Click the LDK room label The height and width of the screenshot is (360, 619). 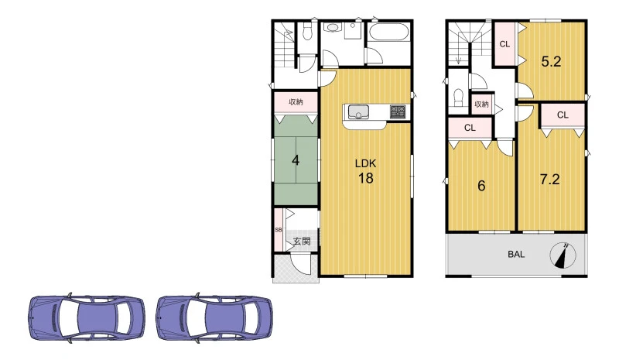pyautogui.click(x=365, y=163)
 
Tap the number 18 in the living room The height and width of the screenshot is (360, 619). pyautogui.click(x=365, y=178)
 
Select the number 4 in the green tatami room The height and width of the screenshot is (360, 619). pyautogui.click(x=296, y=160)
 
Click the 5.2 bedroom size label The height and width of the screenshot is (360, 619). pyautogui.click(x=551, y=61)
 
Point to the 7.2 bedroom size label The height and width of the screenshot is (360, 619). pyautogui.click(x=549, y=180)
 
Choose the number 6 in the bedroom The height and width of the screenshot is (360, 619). pyautogui.click(x=481, y=186)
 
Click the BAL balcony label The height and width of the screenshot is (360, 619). pyautogui.click(x=516, y=255)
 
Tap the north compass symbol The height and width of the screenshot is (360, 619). pyautogui.click(x=563, y=255)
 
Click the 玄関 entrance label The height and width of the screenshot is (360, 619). pyautogui.click(x=302, y=241)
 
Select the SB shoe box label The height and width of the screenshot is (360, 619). pyautogui.click(x=278, y=230)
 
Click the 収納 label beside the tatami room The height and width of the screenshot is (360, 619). pyautogui.click(x=296, y=102)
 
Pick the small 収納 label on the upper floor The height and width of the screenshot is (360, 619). pyautogui.click(x=481, y=105)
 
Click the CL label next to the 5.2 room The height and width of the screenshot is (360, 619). pyautogui.click(x=504, y=44)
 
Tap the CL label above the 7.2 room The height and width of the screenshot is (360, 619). pyautogui.click(x=563, y=115)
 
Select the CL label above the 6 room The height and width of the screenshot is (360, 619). pyautogui.click(x=470, y=128)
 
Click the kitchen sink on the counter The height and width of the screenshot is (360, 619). pyautogui.click(x=358, y=111)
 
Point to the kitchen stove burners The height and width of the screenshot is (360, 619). pyautogui.click(x=398, y=111)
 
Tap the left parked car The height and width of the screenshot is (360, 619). pyautogui.click(x=87, y=317)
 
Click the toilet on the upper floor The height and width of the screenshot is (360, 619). pyautogui.click(x=458, y=98)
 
